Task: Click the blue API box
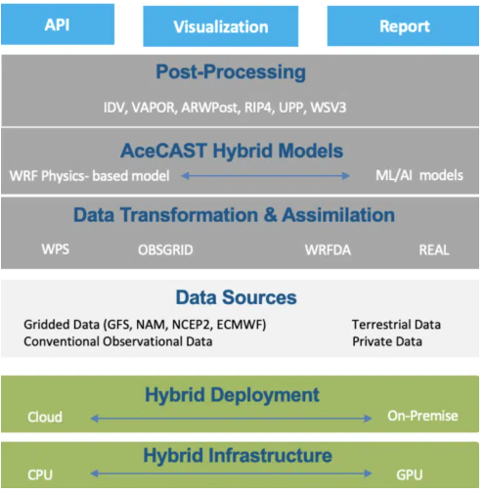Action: [x=58, y=24]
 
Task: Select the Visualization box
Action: [x=221, y=26]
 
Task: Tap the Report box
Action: [x=403, y=25]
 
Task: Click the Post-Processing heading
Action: [x=231, y=71]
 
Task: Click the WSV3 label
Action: [x=329, y=108]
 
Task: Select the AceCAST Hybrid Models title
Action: [x=232, y=151]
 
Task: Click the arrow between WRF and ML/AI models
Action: [x=265, y=176]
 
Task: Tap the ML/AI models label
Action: [x=419, y=175]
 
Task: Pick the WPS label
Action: [x=56, y=249]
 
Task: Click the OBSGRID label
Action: [x=165, y=250]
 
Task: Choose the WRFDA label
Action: [x=328, y=250]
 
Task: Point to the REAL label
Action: [x=434, y=250]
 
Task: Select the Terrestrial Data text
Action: [x=396, y=325]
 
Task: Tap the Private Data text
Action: [x=387, y=341]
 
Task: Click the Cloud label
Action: [x=45, y=417]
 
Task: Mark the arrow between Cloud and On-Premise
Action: [x=231, y=419]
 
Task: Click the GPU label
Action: [x=410, y=474]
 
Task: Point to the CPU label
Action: [x=40, y=474]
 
